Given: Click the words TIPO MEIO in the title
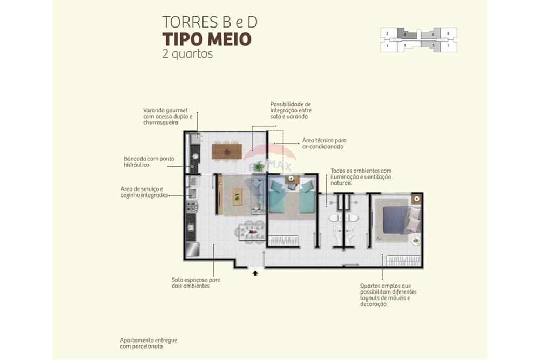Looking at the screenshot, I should (x=206, y=39).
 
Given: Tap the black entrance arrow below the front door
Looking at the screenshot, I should (x=255, y=274).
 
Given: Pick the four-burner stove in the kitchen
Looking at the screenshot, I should (x=192, y=206).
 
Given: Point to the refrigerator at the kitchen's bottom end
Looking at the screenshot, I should (x=193, y=249).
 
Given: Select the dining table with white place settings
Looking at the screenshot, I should (x=252, y=232).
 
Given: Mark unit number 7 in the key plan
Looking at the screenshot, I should (x=448, y=46).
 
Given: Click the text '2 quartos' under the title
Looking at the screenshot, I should (x=187, y=54).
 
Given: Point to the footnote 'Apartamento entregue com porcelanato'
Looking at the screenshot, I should (x=148, y=343).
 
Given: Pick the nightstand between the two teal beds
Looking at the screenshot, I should (x=292, y=182).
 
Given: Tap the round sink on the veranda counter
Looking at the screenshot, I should (x=195, y=157).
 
